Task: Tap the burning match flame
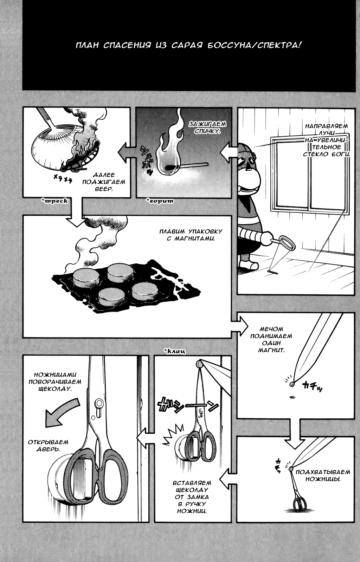tap(169, 148)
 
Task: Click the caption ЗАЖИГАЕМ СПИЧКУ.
tap(207, 128)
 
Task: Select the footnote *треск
tap(55, 201)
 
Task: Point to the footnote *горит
tap(160, 201)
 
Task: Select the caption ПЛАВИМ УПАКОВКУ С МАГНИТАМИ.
tap(191, 235)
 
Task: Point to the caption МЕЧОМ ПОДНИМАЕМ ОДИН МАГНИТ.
tap(271, 339)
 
